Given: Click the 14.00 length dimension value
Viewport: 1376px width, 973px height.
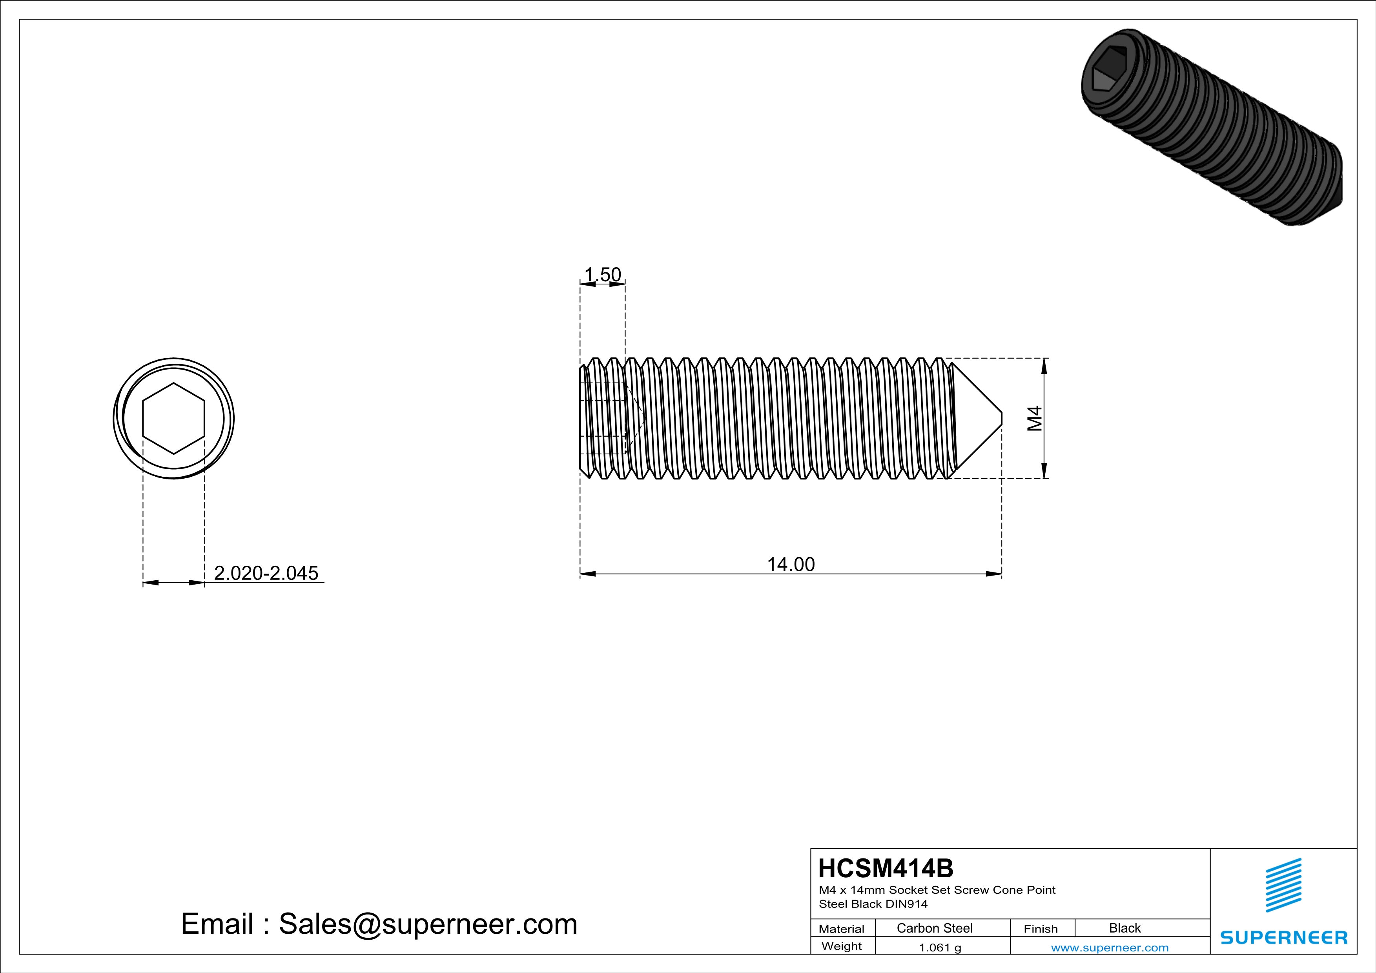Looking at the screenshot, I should tap(791, 565).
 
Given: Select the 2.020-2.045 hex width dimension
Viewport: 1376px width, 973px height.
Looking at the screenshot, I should tap(266, 573).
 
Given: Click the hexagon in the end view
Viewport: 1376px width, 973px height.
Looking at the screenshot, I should tap(174, 418).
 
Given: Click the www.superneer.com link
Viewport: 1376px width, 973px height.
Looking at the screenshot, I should tap(1109, 947).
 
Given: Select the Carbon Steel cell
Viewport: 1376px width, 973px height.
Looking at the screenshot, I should tap(934, 928).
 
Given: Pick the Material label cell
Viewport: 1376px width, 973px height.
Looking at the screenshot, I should tap(842, 929).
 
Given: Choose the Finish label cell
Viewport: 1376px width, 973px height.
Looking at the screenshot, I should tap(1041, 929).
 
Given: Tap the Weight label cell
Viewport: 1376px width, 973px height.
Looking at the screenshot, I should tap(842, 946).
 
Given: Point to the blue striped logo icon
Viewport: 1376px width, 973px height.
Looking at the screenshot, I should tap(1283, 885).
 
